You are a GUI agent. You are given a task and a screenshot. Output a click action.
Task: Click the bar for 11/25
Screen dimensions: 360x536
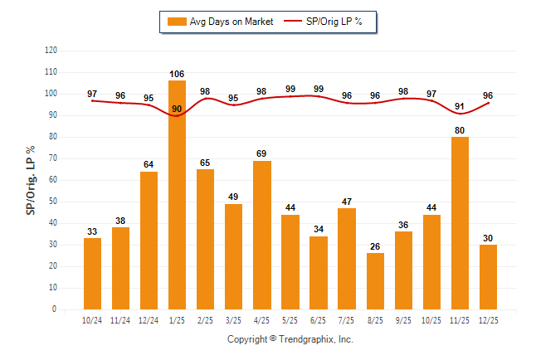tap(459, 223)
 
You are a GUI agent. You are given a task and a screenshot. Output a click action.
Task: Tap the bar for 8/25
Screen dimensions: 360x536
tap(374, 281)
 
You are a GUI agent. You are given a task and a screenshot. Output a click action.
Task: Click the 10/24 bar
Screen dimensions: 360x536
tap(92, 274)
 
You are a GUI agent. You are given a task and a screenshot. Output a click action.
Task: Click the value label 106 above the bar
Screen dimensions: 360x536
tap(177, 73)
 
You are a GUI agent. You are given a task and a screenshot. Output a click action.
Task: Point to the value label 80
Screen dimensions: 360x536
tap(459, 129)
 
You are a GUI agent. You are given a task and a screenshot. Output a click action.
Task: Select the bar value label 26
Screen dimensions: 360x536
tap(374, 246)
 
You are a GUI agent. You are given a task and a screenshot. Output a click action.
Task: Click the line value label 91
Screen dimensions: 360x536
tap(459, 106)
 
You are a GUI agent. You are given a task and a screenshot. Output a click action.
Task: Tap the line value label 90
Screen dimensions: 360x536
tap(177, 109)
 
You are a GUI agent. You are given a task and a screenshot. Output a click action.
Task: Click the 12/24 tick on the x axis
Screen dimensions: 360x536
tap(149, 319)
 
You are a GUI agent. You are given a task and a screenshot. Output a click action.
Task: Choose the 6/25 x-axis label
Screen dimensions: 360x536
tap(318, 319)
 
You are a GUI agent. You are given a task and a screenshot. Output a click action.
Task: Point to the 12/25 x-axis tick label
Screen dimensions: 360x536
tap(487, 319)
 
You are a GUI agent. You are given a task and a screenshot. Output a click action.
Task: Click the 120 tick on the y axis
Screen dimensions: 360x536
tap(51, 51)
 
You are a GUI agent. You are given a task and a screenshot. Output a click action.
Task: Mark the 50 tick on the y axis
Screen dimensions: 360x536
tap(53, 202)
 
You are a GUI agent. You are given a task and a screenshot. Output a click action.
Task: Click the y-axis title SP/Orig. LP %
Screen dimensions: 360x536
tap(31, 179)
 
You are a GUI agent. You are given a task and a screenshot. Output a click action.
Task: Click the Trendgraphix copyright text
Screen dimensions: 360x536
tap(290, 339)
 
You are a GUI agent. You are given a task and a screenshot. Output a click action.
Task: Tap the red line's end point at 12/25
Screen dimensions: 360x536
tap(487, 103)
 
